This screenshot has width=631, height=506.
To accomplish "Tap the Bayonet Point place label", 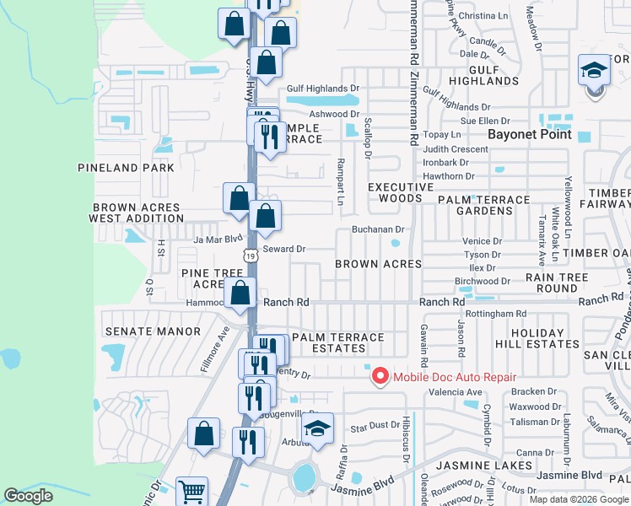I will point(530,134).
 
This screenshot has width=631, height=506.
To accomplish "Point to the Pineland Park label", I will point(126,168).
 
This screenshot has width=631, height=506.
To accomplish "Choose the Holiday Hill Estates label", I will point(545,338).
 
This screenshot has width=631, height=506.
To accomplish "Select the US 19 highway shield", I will point(251,255).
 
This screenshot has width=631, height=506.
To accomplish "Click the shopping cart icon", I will point(191,491).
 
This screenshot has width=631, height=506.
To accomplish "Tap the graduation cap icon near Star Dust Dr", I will point(317,429).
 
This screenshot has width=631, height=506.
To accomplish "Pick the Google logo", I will point(29,496).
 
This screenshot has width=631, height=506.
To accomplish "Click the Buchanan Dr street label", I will point(379,229).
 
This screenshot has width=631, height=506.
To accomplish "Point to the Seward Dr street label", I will point(283,249).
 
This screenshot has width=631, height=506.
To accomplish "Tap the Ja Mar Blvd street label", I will point(212,239).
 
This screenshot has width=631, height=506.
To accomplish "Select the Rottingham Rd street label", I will point(501,314).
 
